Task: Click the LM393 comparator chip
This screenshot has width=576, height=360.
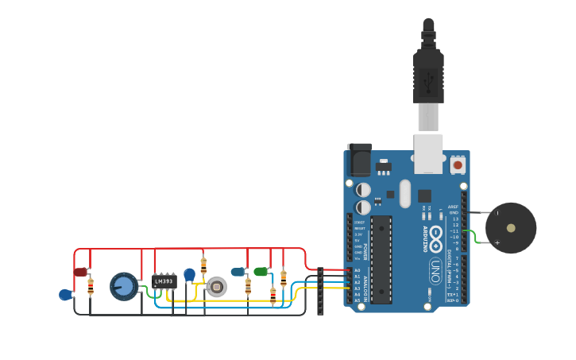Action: pos(164,281)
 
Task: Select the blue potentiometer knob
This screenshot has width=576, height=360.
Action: pos(124,286)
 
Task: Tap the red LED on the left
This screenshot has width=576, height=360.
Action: pos(80,272)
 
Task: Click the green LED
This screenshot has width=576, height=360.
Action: pos(261,272)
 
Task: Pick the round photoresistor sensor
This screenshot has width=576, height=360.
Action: pos(216,286)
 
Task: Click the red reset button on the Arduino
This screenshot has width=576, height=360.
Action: pos(458,165)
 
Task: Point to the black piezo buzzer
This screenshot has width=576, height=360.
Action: pos(511,228)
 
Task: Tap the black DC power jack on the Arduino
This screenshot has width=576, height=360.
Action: pos(359,159)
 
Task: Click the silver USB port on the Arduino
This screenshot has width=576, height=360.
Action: pos(428,153)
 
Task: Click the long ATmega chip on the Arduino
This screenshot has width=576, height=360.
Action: pos(381,259)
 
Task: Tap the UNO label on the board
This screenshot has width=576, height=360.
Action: pos(435,270)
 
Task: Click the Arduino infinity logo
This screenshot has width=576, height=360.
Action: pos(436,236)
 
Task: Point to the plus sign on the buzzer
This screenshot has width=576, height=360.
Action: pos(497,242)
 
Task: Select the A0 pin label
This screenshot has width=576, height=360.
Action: pos(357,270)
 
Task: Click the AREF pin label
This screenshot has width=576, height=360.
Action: pos(453,207)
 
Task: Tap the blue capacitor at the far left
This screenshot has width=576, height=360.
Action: pos(65,295)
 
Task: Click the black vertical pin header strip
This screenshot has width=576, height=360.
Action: pos(320,291)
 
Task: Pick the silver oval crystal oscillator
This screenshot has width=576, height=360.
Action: pos(405,193)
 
